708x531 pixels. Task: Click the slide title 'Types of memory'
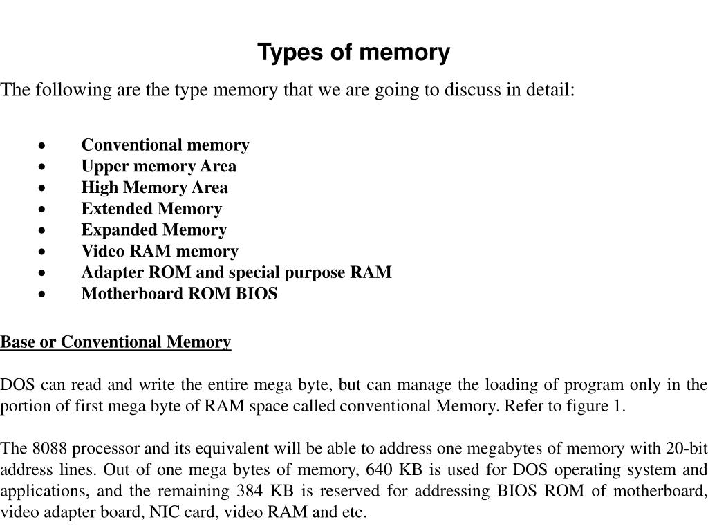353,53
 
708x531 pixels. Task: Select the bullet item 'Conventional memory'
165,145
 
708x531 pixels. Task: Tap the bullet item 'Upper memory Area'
158,167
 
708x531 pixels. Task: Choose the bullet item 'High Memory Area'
154,187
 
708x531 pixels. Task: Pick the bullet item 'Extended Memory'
151,209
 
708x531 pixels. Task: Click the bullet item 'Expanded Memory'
153,230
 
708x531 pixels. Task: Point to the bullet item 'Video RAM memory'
160,251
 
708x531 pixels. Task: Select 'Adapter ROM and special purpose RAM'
236,272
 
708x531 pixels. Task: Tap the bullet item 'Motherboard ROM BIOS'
179,294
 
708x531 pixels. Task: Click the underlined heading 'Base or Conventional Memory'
115,342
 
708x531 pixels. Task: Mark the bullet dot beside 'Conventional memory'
43,146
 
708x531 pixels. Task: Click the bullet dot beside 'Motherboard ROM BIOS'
43,295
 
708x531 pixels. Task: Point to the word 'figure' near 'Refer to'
584,407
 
